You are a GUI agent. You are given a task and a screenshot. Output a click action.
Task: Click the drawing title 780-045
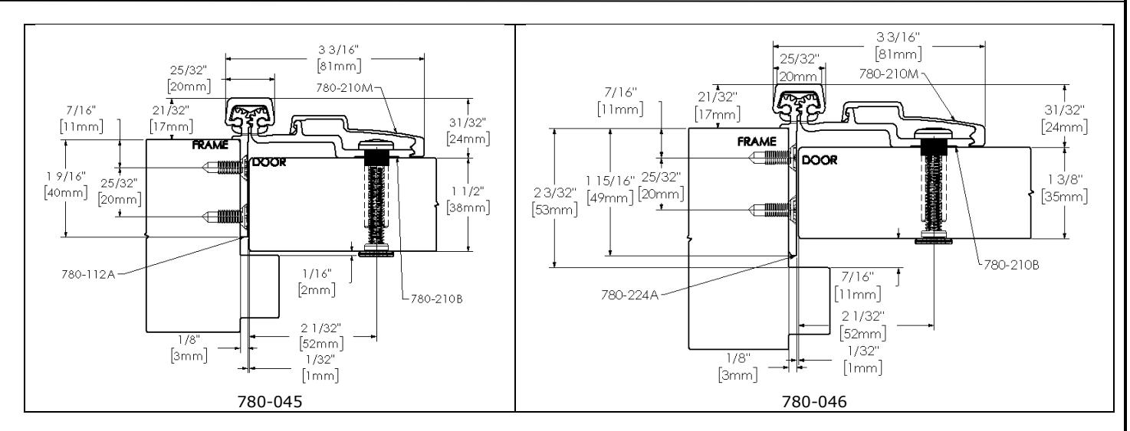coord(270,402)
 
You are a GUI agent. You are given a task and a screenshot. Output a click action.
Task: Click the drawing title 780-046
coord(814,402)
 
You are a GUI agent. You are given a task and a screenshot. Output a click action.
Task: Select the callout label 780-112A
coord(88,274)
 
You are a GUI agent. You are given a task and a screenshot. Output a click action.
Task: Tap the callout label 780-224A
coord(629,295)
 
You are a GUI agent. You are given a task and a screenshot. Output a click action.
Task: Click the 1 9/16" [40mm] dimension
coord(66,184)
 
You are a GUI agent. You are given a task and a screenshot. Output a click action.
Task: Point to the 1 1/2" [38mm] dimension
coord(468,199)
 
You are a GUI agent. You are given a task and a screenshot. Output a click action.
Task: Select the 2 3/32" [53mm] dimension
coord(554,201)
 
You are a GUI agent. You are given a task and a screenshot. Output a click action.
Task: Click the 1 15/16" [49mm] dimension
coord(610,189)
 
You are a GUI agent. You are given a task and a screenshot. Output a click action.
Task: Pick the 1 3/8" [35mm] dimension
coord(1064,188)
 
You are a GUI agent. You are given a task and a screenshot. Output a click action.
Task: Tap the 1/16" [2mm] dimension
coord(317,282)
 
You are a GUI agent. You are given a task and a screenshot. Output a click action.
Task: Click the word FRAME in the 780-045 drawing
coord(210,145)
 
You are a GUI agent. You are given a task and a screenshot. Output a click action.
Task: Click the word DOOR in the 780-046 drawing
coord(820,160)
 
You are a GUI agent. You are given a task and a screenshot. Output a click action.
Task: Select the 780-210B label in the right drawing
coord(1011,265)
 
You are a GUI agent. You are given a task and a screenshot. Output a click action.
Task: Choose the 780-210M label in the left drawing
coord(344,87)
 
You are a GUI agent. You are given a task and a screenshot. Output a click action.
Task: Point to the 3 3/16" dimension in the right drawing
coord(898,45)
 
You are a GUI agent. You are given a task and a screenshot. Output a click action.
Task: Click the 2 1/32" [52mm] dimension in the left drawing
coord(321,336)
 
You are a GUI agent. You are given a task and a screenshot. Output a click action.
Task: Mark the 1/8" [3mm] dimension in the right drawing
coord(738,367)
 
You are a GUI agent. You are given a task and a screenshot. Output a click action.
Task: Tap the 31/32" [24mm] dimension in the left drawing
coord(468,131)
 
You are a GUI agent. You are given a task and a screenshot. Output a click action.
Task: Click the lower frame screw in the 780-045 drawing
coord(225,217)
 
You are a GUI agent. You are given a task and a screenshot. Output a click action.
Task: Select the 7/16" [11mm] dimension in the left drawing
coord(81,119)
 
